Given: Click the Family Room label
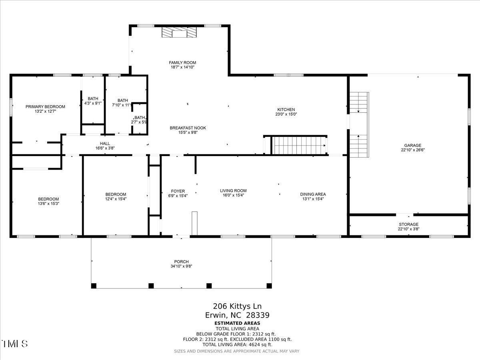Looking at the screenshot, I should tap(182, 63).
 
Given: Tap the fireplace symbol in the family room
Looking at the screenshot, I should tap(179, 32).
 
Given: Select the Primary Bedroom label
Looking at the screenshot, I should tap(45, 106).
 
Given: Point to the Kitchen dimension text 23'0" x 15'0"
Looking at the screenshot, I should tap(286, 114).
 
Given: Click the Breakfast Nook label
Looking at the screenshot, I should tap(188, 128).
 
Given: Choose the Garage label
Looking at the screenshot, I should tap(412, 146).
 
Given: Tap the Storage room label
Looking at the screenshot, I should tap(408, 224).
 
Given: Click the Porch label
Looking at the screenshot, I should tap(181, 262).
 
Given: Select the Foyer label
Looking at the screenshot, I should tap(178, 191).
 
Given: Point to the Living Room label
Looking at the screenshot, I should tap(233, 190).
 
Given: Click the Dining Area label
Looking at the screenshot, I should tap(313, 194).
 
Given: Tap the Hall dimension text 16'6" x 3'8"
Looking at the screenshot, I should tap(105, 148).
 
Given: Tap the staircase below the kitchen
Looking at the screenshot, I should tap(298, 145).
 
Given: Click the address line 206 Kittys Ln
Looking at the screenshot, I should tap(237, 306).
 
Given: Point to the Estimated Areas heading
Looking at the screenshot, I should tap(237, 323).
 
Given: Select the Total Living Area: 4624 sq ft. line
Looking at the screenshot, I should tap(237, 344).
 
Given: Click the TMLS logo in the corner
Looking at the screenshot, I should tap(15, 344).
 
